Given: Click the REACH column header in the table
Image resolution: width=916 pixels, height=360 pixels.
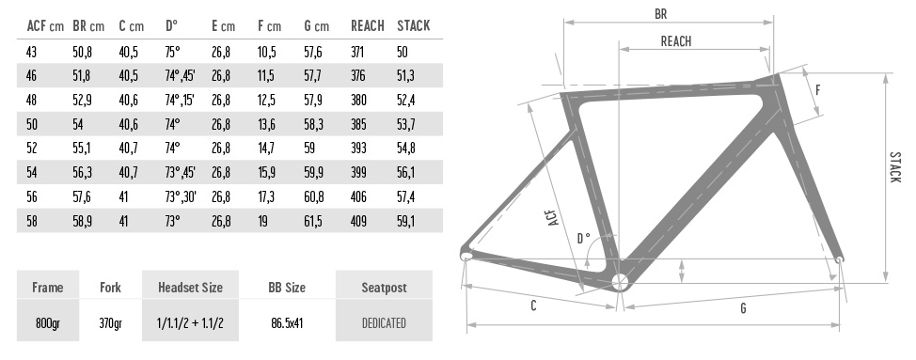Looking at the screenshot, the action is (368, 26).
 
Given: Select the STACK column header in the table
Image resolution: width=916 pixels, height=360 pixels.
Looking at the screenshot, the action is (413, 26).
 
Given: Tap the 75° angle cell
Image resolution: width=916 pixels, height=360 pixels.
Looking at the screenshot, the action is (172, 52).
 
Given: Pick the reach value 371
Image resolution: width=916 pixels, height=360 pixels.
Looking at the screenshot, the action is (357, 52).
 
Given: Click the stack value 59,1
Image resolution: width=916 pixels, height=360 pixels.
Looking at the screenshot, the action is (405, 222).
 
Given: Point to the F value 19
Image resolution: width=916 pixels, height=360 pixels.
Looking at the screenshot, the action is (263, 222).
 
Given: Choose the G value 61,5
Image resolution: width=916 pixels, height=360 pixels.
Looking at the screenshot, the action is (312, 222).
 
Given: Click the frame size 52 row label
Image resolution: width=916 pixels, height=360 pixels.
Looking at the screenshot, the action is (32, 148).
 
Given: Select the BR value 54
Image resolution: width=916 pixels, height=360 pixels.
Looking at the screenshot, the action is (79, 124).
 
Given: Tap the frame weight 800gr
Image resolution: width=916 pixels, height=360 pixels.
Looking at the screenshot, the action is (47, 322).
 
